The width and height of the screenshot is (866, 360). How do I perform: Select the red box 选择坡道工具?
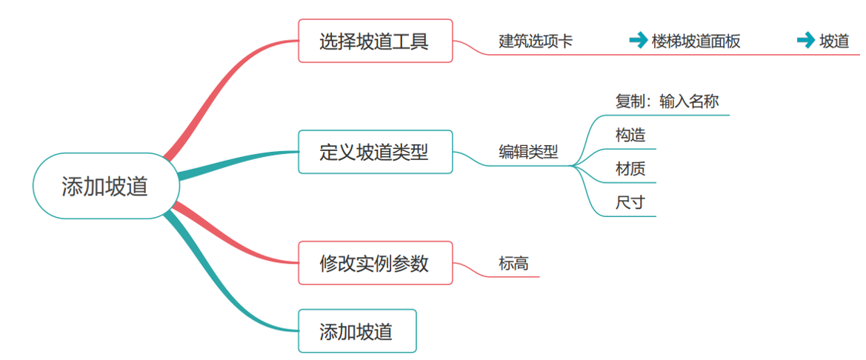tap(375, 41)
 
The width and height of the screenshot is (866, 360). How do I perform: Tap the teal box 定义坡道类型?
tap(375, 152)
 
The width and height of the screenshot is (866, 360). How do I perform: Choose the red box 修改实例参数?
tap(375, 263)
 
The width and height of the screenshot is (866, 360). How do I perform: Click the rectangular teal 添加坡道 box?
tap(357, 330)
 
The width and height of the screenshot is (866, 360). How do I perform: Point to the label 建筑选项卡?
tap(535, 41)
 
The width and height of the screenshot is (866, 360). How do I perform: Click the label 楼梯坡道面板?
tap(696, 41)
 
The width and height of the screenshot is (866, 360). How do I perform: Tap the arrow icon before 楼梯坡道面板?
tap(638, 41)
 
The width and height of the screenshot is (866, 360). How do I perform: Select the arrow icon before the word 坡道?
tap(805, 41)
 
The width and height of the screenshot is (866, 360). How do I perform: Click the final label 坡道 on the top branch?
tap(834, 41)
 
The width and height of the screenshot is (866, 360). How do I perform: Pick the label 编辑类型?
tap(527, 153)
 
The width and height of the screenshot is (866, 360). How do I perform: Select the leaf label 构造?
tap(630, 136)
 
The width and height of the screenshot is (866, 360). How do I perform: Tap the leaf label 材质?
tap(630, 169)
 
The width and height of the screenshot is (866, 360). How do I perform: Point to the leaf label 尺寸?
tap(630, 202)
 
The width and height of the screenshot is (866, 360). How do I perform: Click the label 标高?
tap(513, 263)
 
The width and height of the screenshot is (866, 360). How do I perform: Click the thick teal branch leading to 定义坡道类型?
tap(230, 163)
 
